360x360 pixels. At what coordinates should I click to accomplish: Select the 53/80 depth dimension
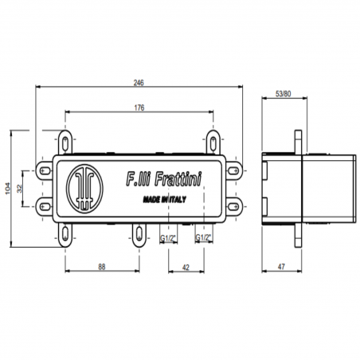284,93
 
